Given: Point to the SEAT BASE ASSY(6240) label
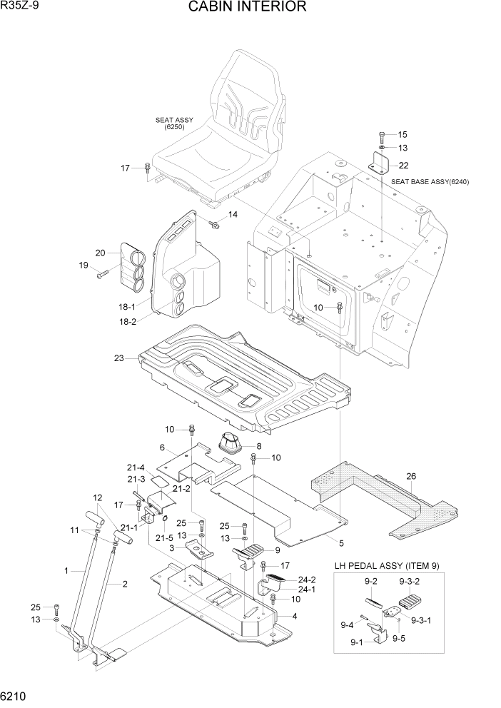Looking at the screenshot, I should coord(430,182).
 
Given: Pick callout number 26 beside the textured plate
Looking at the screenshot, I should coord(410,477).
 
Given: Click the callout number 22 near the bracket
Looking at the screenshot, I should coord(403,166).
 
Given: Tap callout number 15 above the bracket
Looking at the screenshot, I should coord(403,134).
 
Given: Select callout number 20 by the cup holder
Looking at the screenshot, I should coord(100,252).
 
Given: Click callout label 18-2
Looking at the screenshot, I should coord(128,322).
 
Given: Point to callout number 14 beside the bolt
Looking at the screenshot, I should coord(233,215).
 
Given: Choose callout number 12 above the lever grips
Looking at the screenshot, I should coord(98,497).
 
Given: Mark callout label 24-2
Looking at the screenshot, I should coord(307,580).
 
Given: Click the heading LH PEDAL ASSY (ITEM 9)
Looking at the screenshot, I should coord(387,566).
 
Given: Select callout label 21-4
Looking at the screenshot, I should coord(136,467).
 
